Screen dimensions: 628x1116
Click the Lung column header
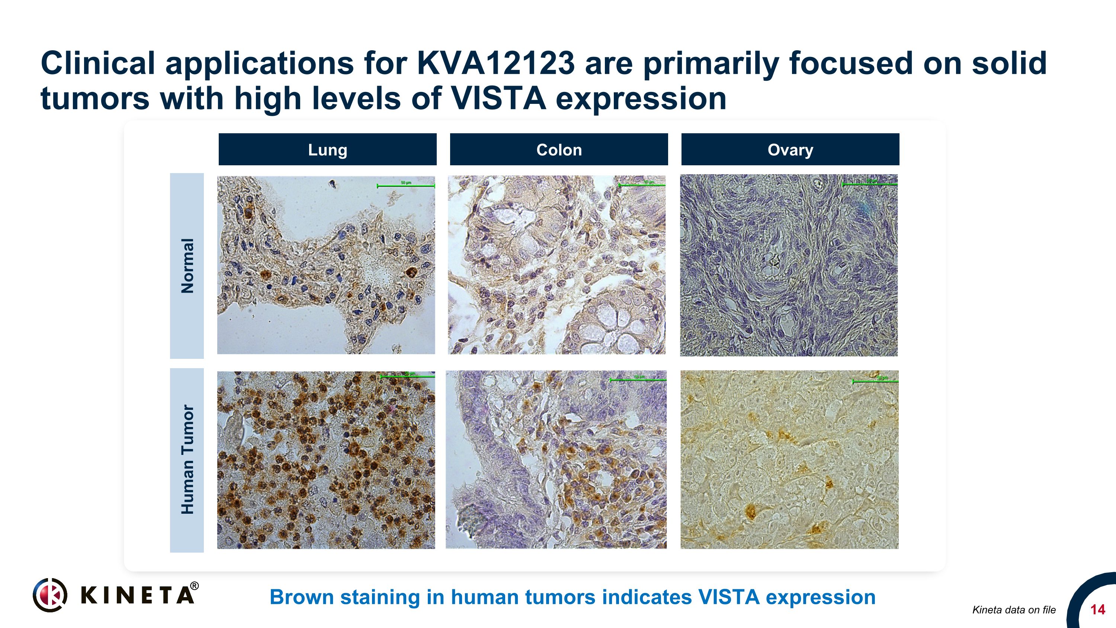click(327, 150)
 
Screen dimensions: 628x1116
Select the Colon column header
click(559, 150)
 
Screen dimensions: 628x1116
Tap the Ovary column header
click(790, 150)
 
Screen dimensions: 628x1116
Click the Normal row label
click(187, 266)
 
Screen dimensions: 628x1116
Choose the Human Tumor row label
click(187, 460)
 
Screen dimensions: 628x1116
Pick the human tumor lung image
click(326, 460)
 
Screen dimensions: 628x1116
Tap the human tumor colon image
click(556, 459)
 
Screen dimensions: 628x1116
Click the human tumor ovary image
click(789, 459)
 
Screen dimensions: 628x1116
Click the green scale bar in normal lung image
click(406, 186)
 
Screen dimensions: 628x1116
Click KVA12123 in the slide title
click(496, 63)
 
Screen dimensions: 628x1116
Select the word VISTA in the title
click(498, 99)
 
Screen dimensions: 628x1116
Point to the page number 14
click(1097, 610)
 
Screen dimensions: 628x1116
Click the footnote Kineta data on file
click(1014, 610)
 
